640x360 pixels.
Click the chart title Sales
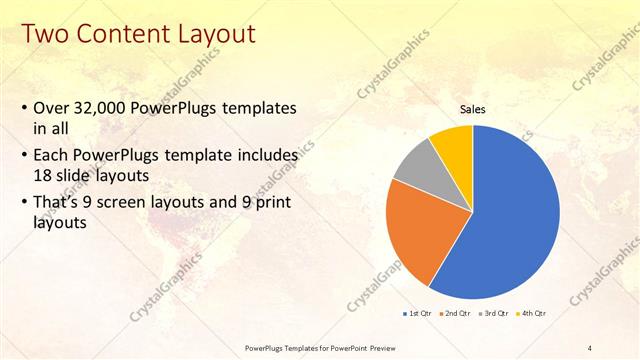click(472, 109)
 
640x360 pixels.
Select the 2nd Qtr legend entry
click(456, 313)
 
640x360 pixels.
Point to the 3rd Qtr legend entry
click(495, 313)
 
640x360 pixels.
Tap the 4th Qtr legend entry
click(533, 313)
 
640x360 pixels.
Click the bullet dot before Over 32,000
click(24, 108)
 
